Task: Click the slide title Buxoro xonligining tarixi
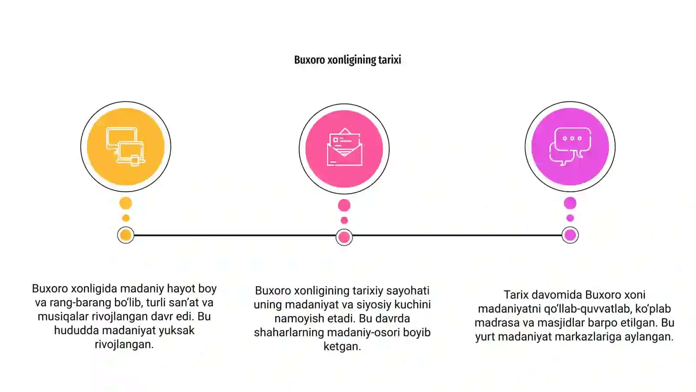tap(348, 60)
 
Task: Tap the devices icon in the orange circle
tap(126, 147)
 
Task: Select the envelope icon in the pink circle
tap(344, 147)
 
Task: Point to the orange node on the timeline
tap(126, 235)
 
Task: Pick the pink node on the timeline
tap(344, 237)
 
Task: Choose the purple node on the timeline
tap(570, 235)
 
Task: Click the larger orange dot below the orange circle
tap(126, 203)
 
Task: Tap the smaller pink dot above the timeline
tap(344, 220)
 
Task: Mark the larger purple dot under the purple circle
tap(570, 203)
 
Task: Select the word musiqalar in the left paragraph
tap(63, 316)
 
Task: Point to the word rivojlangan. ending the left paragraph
tap(124, 345)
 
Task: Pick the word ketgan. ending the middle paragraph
tap(342, 346)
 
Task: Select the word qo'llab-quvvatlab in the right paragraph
tap(587, 309)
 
